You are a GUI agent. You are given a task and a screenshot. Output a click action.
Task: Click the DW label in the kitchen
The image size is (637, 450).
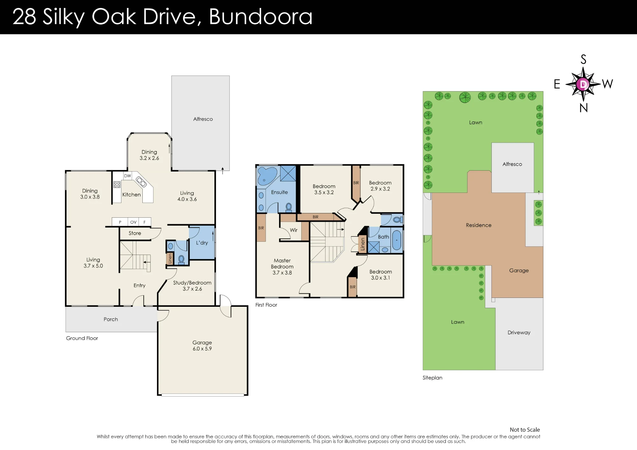127,176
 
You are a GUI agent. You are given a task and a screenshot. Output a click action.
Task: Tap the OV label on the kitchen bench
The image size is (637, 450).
133,222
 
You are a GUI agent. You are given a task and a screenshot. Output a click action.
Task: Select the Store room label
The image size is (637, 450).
135,233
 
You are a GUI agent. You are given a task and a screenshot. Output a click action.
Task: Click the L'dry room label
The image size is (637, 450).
202,243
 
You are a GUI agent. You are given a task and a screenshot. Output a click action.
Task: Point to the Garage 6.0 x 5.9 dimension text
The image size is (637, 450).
202,349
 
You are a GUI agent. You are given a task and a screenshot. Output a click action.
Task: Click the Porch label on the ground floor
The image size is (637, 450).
111,319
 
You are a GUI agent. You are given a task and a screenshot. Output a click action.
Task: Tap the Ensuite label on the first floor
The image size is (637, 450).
279,192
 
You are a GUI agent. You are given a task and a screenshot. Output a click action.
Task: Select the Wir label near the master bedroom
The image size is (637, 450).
294,230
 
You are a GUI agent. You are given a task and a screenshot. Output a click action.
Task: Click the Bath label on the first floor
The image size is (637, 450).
383,237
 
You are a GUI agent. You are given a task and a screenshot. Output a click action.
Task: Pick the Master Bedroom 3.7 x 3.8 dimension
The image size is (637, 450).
282,273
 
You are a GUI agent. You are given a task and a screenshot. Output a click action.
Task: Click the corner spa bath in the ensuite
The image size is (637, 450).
267,176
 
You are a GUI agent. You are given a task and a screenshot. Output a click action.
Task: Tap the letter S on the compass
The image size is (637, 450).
583,60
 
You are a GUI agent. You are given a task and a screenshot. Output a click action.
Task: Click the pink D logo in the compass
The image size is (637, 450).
583,84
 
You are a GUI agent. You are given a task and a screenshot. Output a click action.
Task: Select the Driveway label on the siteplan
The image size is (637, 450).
519,333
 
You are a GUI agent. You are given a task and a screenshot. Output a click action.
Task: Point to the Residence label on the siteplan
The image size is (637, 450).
479,225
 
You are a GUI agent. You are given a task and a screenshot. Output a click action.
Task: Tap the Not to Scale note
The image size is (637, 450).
525,430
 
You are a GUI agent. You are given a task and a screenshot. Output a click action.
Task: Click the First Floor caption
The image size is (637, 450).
266,305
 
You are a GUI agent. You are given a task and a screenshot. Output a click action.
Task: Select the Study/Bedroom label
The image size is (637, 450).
192,283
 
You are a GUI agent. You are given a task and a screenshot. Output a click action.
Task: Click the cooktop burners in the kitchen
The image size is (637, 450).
117,185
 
